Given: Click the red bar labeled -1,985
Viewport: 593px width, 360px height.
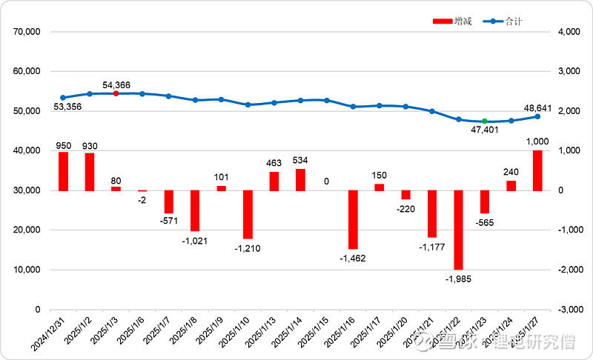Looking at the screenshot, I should pyautogui.click(x=459, y=230).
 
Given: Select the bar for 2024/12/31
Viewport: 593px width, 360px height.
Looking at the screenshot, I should pyautogui.click(x=63, y=171).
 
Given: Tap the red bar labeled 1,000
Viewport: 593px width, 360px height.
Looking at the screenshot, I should pyautogui.click(x=537, y=170).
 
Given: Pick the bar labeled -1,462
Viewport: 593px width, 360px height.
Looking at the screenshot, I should pyautogui.click(x=353, y=219).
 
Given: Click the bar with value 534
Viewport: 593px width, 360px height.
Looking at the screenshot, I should pyautogui.click(x=300, y=180).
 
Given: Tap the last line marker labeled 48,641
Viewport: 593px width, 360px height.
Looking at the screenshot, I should pyautogui.click(x=537, y=116).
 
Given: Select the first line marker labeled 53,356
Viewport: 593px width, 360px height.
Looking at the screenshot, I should pyautogui.click(x=63, y=98).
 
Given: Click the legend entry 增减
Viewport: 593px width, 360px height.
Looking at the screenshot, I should pyautogui.click(x=451, y=21).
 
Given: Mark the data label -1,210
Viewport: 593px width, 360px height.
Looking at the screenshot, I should pyautogui.click(x=248, y=249).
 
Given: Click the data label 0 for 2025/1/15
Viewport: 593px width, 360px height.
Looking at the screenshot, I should pyautogui.click(x=326, y=181).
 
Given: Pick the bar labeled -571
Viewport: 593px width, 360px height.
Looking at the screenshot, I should pyautogui.click(x=168, y=201).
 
